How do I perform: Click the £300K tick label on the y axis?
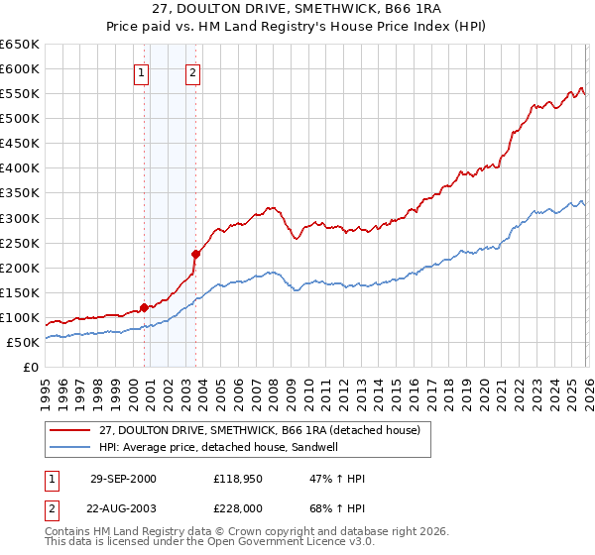click(20, 218)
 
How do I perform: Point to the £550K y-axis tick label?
click(20, 94)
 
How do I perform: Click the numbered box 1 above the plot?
click(142, 71)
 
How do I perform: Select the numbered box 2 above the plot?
click(192, 71)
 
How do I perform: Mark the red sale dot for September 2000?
click(145, 307)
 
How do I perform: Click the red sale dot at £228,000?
click(195, 254)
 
